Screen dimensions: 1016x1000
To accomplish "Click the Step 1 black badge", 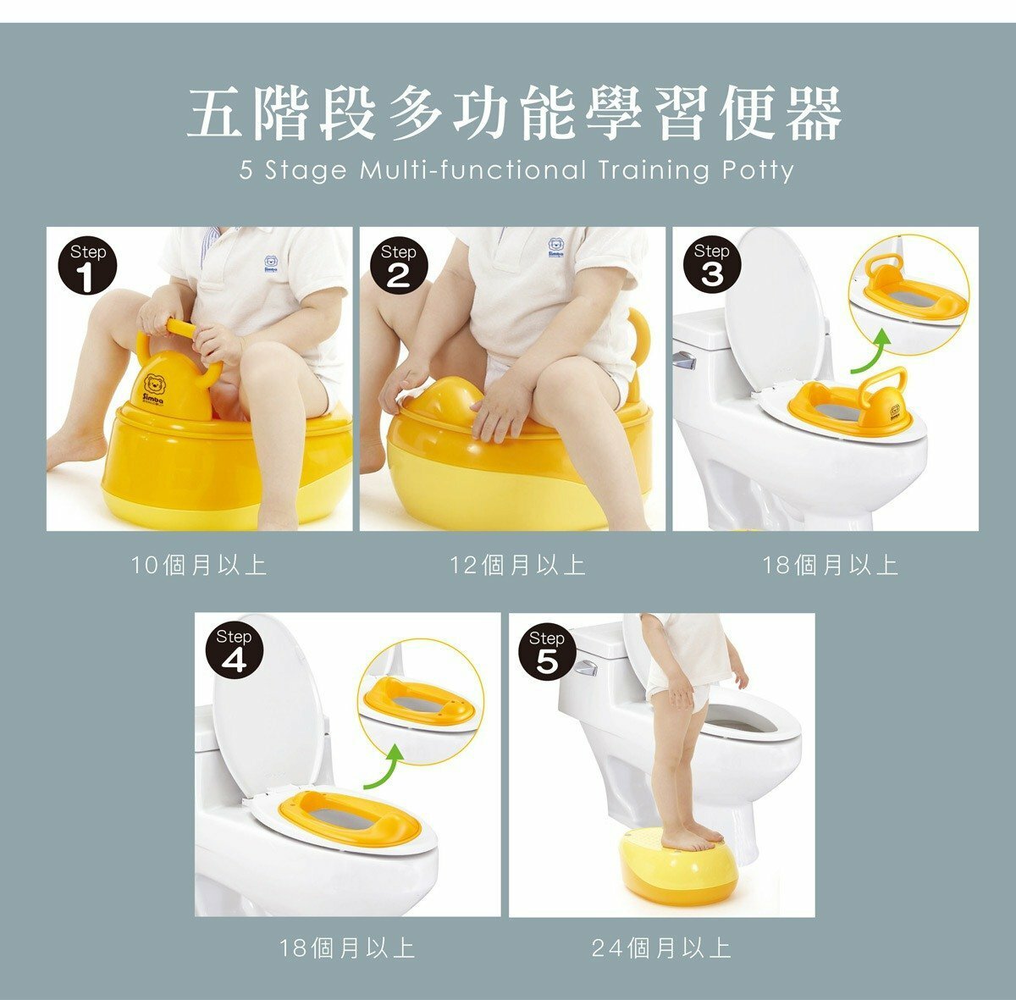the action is (87, 265).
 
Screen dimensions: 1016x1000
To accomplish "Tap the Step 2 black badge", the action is (398, 265).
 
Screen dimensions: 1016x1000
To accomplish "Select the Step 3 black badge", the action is (711, 264).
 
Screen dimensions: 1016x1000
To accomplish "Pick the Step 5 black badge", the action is (546, 651).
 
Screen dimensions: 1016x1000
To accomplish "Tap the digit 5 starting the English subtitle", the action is (246, 170).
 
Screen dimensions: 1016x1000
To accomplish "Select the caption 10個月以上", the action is (199, 566).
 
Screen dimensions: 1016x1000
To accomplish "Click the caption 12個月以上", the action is (518, 566).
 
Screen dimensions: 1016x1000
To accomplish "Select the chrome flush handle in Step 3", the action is (684, 361).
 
